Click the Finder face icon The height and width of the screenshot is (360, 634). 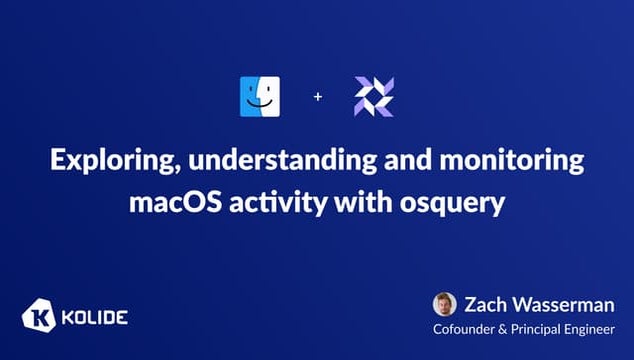[260, 96]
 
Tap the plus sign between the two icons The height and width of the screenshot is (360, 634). [318, 97]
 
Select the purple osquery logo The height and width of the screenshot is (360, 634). [374, 96]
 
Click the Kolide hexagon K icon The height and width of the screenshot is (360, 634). [37, 318]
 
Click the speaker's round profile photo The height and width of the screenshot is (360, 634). [444, 304]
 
